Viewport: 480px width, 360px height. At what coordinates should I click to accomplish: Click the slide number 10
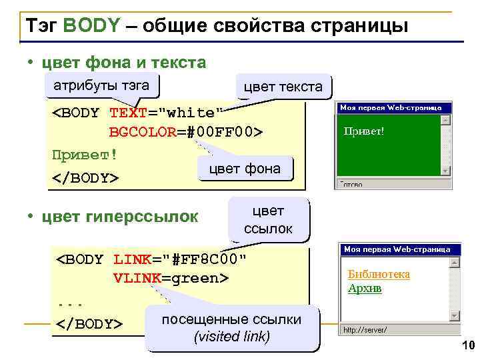[466, 345]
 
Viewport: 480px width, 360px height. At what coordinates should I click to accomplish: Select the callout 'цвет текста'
[283, 87]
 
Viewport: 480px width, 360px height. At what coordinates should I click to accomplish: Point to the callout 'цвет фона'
[245, 169]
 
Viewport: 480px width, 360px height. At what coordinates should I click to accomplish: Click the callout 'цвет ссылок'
[269, 220]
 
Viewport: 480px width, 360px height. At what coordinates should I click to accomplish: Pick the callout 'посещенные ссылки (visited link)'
[231, 328]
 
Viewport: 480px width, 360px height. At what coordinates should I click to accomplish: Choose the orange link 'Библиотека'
[379, 275]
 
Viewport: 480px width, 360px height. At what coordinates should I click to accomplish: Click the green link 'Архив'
[365, 288]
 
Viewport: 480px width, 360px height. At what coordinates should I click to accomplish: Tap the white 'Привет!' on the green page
[363, 131]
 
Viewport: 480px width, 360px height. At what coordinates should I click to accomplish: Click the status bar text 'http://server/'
[365, 329]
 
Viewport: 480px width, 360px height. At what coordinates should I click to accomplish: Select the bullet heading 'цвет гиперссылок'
[119, 217]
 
